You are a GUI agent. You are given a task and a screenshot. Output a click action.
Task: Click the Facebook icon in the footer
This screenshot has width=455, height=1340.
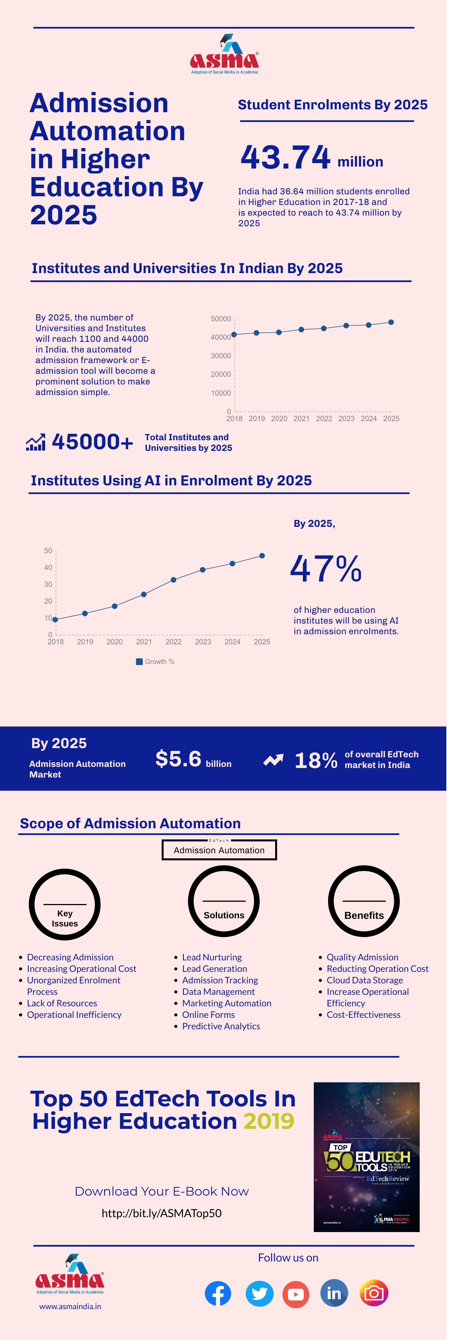tap(218, 1293)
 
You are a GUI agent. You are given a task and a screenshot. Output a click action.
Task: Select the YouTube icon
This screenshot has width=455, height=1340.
tap(296, 1294)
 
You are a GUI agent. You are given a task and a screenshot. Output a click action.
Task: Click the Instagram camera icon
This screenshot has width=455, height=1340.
tap(374, 1293)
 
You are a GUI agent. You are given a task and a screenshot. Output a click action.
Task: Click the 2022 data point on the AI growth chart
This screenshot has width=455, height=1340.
tap(173, 580)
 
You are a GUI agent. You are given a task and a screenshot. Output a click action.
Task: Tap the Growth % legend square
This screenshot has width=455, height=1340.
tap(139, 662)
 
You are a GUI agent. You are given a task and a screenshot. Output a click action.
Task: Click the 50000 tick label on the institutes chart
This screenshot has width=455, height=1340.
tap(220, 319)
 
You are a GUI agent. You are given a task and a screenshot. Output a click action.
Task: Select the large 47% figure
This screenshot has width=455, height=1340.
tap(326, 569)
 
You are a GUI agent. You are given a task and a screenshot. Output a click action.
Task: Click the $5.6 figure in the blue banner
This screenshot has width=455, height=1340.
tap(178, 759)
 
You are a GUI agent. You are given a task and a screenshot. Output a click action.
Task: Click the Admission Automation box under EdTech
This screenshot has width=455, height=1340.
tap(219, 850)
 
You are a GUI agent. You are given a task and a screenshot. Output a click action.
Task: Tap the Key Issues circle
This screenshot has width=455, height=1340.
tap(64, 905)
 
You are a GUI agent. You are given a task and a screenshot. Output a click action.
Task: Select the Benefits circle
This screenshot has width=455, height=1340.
tap(364, 901)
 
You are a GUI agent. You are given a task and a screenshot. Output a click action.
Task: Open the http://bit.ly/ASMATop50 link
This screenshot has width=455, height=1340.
tap(162, 1213)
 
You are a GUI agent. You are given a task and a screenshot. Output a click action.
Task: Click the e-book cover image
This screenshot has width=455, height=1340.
tap(366, 1157)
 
